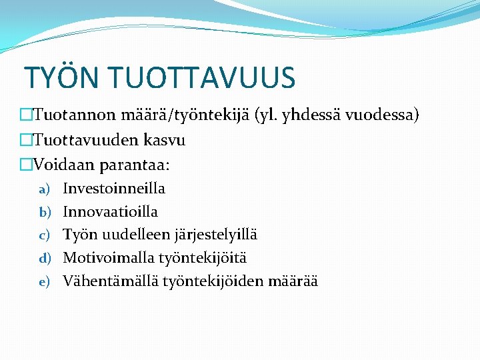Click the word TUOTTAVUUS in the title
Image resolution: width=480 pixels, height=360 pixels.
201,78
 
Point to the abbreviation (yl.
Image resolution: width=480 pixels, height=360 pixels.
264,115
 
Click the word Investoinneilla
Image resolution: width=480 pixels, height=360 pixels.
114,189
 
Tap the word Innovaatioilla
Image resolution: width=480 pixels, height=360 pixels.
111,212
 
